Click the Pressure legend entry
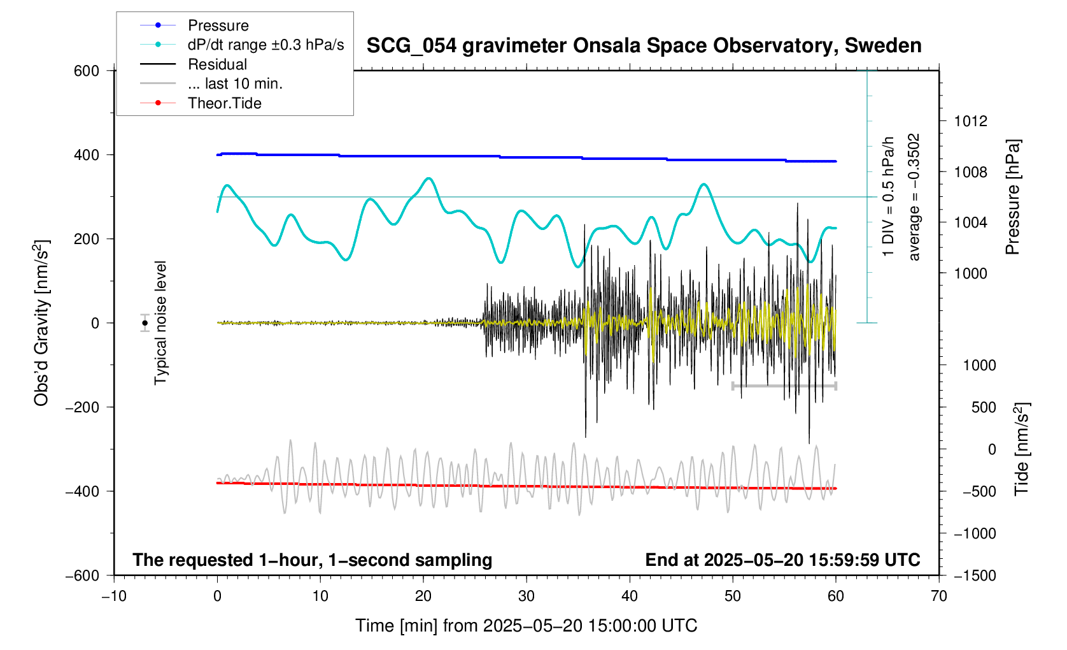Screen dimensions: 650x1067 [218, 25]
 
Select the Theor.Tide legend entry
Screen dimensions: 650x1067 [224, 103]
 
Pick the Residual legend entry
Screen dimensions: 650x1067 [217, 64]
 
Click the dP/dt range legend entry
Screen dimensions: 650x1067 [265, 45]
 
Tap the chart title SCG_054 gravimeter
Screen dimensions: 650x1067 [644, 46]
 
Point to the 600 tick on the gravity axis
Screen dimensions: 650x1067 [87, 71]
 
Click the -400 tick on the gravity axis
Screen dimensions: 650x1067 [83, 491]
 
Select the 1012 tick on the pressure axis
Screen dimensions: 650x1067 [970, 121]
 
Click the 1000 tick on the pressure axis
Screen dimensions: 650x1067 [970, 273]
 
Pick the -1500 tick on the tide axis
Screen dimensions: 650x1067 [974, 575]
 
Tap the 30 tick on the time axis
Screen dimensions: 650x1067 [526, 596]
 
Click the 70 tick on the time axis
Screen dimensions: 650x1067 [938, 596]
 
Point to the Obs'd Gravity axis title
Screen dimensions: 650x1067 [41, 322]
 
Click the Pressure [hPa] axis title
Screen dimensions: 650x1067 [1012, 198]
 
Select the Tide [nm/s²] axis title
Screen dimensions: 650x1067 [1021, 449]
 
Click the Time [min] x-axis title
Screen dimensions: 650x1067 [526, 626]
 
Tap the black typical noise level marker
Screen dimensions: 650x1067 [145, 323]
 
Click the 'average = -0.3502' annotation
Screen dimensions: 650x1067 [914, 197]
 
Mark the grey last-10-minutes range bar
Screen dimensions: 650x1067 [784, 386]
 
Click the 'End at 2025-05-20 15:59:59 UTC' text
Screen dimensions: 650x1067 [782, 560]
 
